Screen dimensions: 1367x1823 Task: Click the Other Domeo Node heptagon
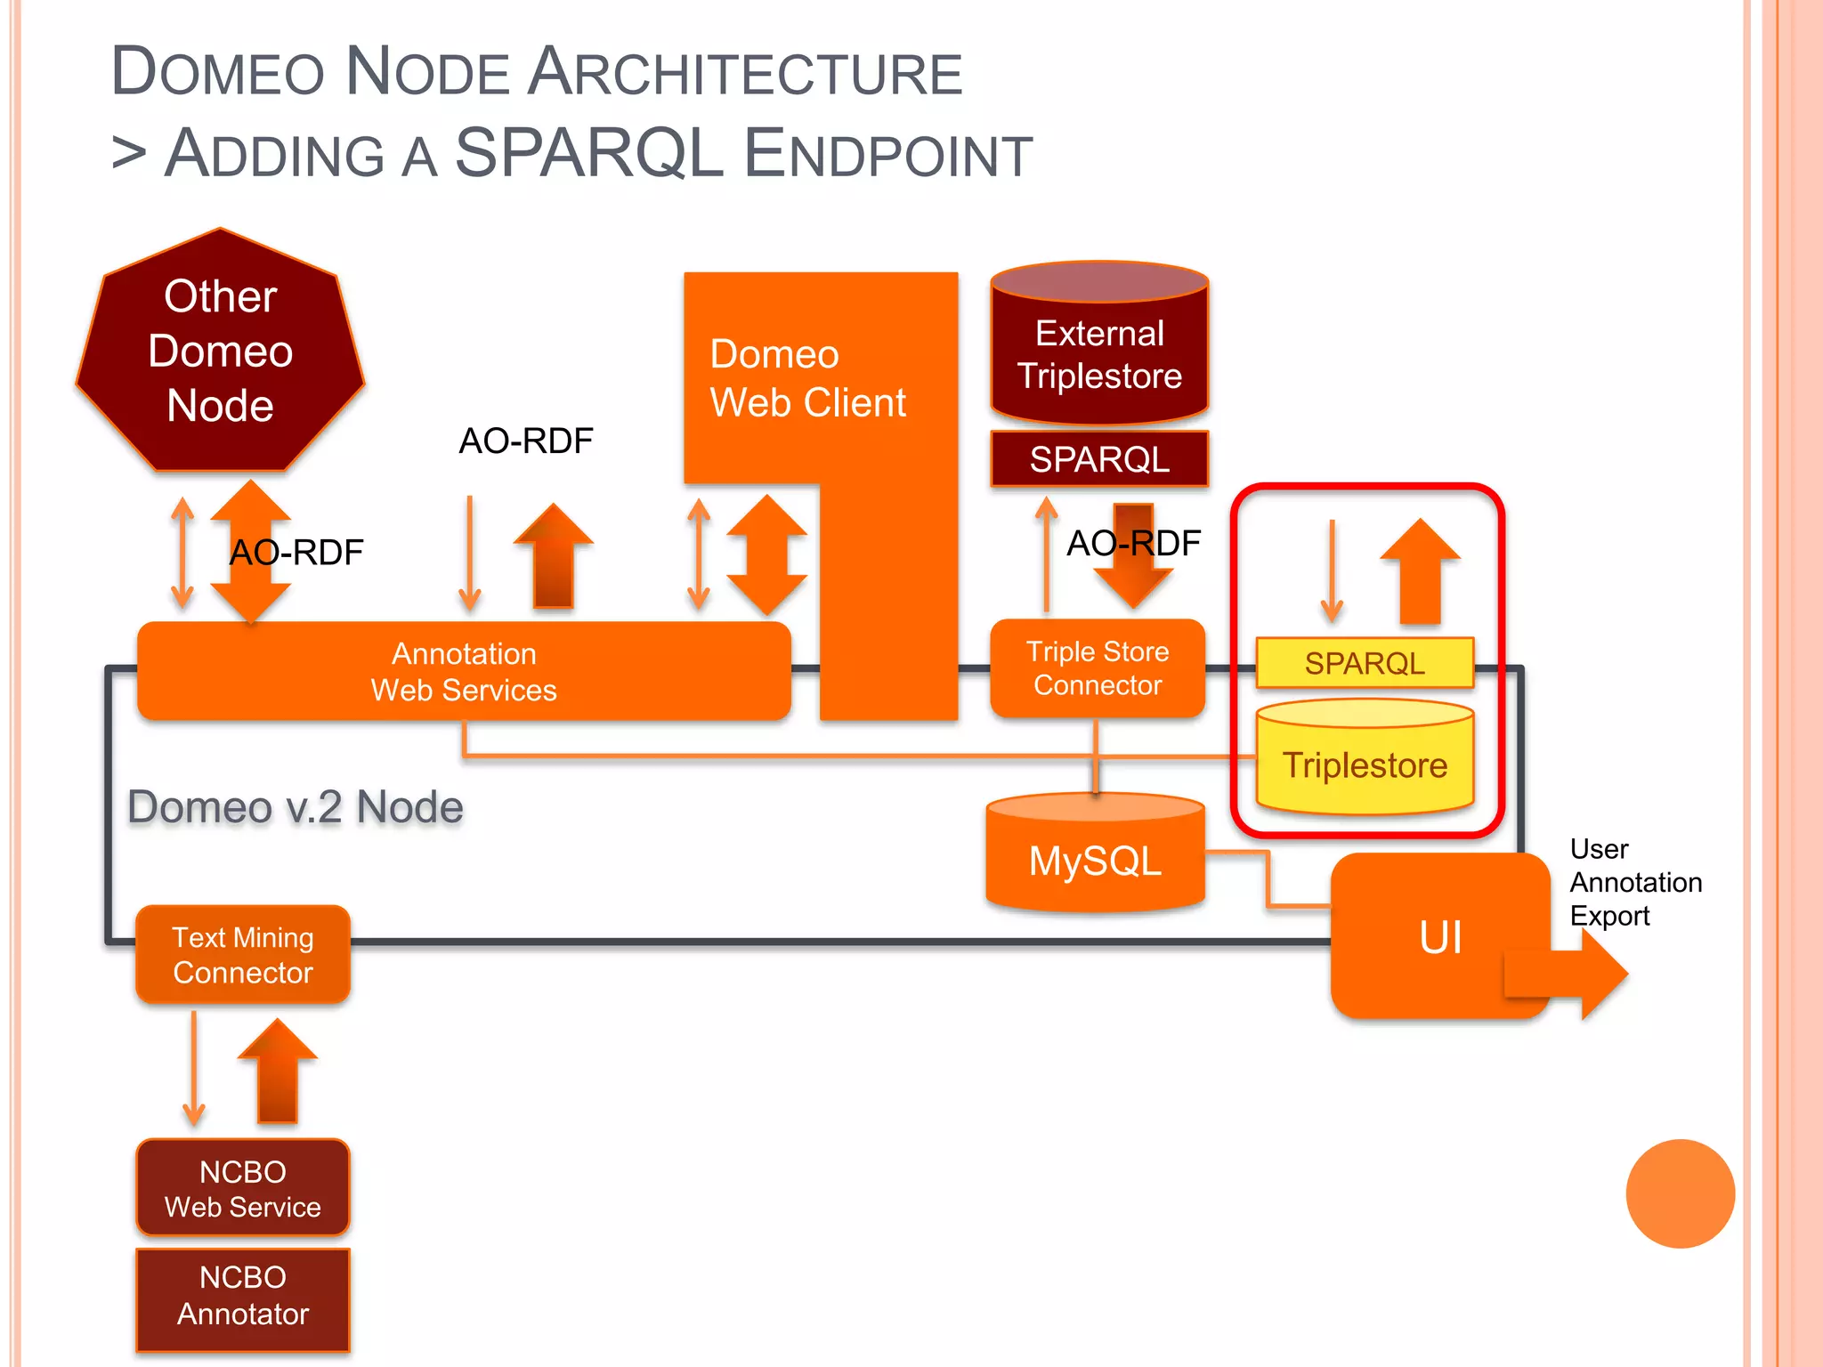[x=220, y=352]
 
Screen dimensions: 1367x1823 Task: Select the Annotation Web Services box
[x=463, y=671]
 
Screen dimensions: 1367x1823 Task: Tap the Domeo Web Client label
[x=806, y=379]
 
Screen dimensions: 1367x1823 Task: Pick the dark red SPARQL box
[x=1099, y=459]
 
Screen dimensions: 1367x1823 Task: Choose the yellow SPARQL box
[x=1364, y=663]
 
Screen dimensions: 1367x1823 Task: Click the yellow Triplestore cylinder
[x=1364, y=764]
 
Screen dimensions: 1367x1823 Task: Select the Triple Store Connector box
[x=1097, y=668]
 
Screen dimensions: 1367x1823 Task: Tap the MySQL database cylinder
[x=1095, y=860]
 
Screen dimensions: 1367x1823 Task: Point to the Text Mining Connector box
[x=242, y=955]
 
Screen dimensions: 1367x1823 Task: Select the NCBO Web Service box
[x=242, y=1188]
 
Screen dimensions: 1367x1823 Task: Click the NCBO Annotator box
[x=242, y=1297]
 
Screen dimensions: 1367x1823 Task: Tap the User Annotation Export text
[x=1634, y=882]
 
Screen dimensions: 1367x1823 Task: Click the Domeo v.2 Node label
[x=295, y=807]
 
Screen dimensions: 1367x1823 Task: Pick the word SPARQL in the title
[x=588, y=153]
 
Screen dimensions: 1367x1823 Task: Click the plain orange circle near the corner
[x=1679, y=1193]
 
